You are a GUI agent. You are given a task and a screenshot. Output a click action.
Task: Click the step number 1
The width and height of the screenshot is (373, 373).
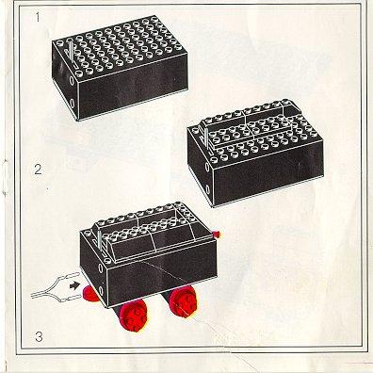pyautogui.click(x=38, y=17)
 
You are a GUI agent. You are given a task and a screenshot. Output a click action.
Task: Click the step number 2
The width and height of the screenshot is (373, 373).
pyautogui.click(x=38, y=170)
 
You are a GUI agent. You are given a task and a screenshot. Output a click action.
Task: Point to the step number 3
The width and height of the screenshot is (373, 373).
pyautogui.click(x=39, y=337)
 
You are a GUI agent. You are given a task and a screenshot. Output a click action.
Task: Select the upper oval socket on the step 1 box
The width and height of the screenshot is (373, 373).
pyautogui.click(x=72, y=80)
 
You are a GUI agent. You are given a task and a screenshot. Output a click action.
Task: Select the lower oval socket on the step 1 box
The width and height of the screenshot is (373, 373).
pyautogui.click(x=73, y=103)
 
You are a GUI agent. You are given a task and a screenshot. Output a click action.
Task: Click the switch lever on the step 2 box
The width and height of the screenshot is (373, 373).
pyautogui.click(x=206, y=138)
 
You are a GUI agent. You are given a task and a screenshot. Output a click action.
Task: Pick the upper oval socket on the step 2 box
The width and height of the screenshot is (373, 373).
pyautogui.click(x=207, y=167)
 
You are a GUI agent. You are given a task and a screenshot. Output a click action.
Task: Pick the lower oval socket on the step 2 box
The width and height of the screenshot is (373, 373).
pyautogui.click(x=208, y=188)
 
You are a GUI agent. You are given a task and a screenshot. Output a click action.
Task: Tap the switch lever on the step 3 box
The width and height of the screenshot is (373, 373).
pyautogui.click(x=100, y=242)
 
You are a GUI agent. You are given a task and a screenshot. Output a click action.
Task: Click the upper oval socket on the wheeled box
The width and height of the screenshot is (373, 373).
pyautogui.click(x=100, y=268)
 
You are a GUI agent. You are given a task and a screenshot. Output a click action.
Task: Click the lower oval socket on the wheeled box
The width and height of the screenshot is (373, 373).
pyautogui.click(x=101, y=290)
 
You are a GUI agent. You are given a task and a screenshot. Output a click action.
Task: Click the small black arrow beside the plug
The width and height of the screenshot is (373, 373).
pyautogui.click(x=74, y=285)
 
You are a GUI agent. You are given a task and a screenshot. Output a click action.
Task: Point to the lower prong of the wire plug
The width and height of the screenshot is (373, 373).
pyautogui.click(x=71, y=297)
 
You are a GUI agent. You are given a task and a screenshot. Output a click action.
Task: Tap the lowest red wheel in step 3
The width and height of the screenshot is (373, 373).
pyautogui.click(x=133, y=316)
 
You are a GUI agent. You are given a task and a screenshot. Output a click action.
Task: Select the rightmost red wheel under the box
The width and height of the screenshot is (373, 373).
pyautogui.click(x=183, y=302)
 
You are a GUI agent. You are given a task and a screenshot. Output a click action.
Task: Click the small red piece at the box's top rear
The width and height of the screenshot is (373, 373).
pyautogui.click(x=217, y=234)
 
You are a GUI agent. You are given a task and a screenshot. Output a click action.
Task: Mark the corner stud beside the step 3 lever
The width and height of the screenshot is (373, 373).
pyautogui.click(x=107, y=260)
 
